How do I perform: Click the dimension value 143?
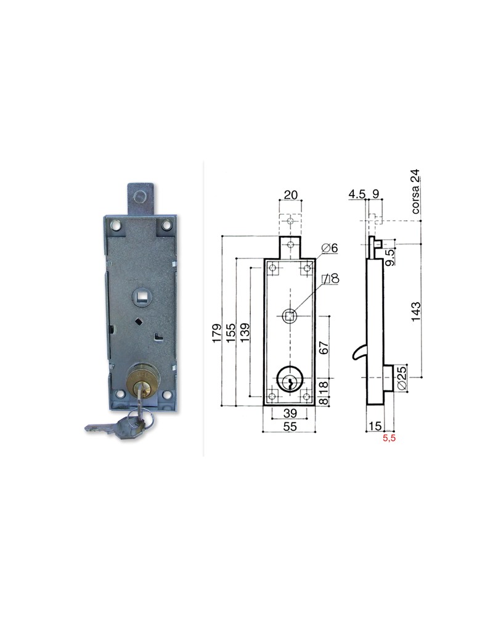(x=416, y=312)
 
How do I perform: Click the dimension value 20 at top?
(x=290, y=196)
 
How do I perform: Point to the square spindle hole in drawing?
(x=288, y=317)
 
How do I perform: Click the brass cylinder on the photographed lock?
(x=143, y=378)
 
